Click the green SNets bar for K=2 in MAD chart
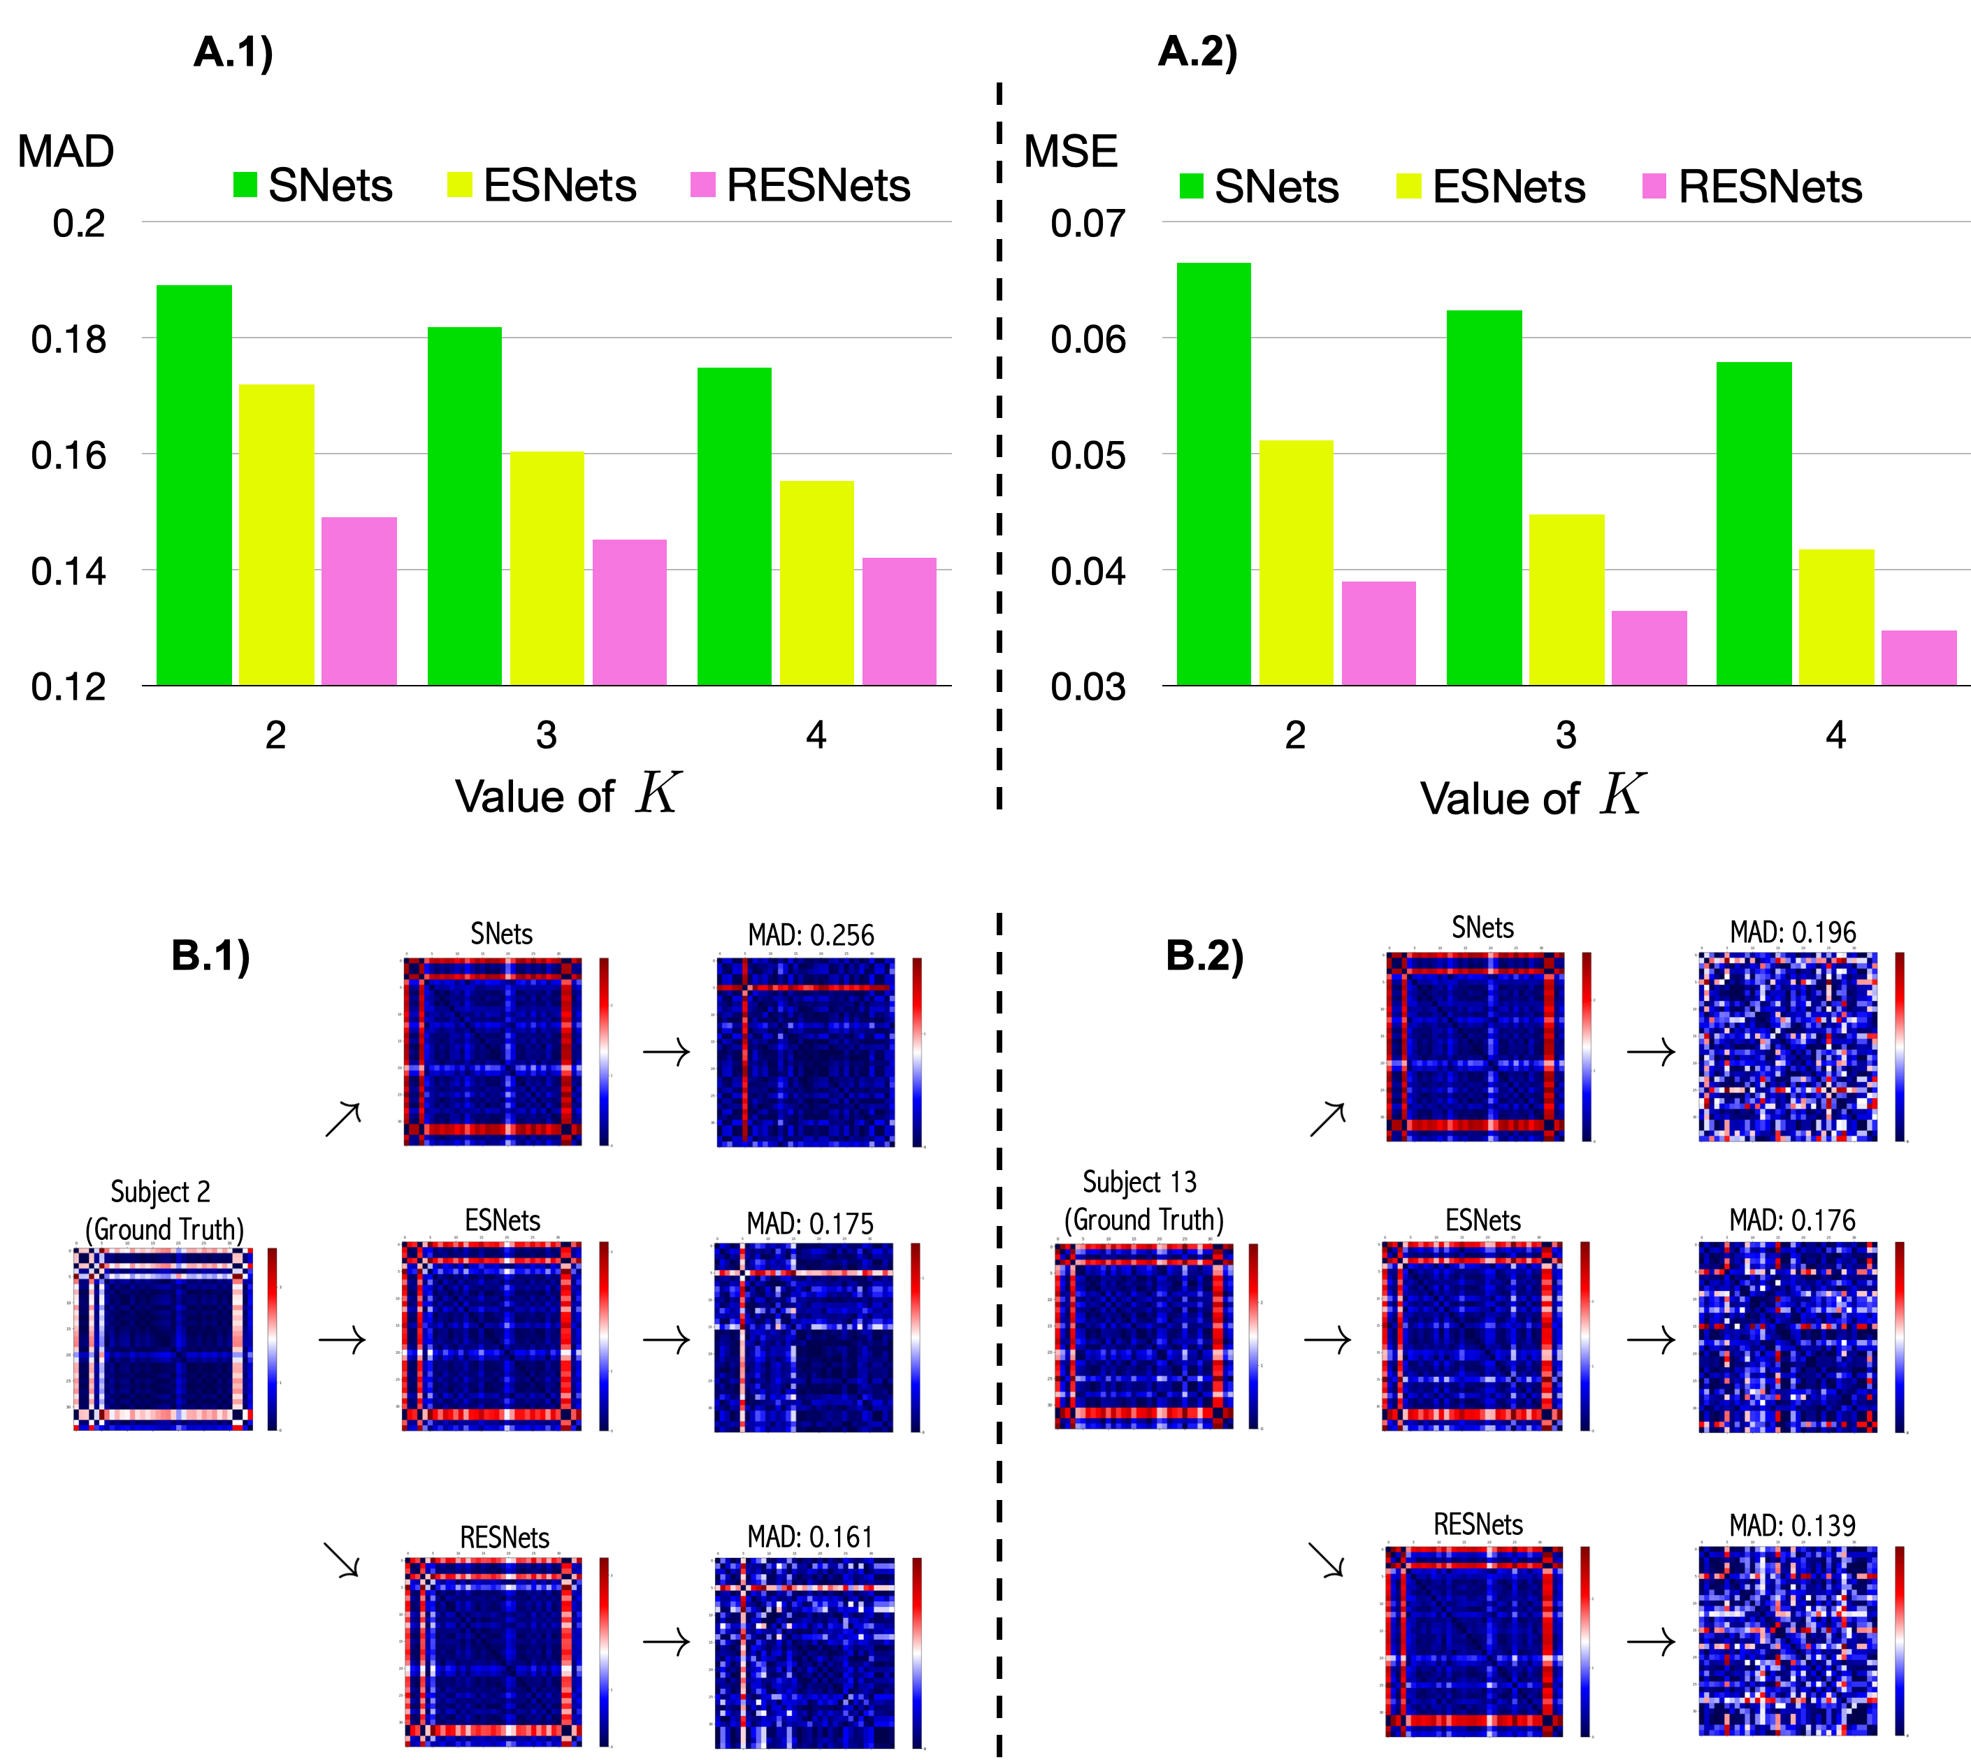point(194,484)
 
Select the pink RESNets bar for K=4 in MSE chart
point(1918,658)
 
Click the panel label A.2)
point(1197,50)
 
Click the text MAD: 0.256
point(811,935)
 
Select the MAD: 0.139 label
point(1791,1525)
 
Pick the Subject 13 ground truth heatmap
point(1143,1336)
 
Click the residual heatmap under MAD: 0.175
point(802,1336)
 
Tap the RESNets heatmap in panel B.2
point(1473,1641)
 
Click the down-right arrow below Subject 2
point(341,1559)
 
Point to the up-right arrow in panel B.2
point(1327,1119)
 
